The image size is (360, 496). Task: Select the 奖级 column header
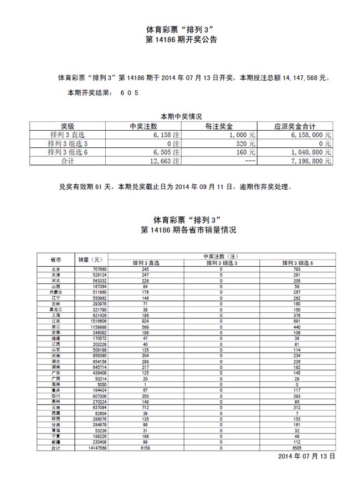pyautogui.click(x=68, y=126)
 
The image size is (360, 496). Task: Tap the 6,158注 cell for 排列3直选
pyautogui.click(x=166, y=135)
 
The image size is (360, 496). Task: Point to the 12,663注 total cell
pyautogui.click(x=166, y=161)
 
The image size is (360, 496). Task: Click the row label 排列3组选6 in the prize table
pyautogui.click(x=68, y=152)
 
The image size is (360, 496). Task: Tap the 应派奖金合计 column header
pyautogui.click(x=296, y=126)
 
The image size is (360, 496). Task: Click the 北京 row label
pyautogui.click(x=55, y=269)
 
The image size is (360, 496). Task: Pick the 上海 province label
pyautogui.click(x=55, y=316)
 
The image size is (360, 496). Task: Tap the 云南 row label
pyautogui.click(x=55, y=407)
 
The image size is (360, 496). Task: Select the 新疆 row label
pyautogui.click(x=55, y=442)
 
